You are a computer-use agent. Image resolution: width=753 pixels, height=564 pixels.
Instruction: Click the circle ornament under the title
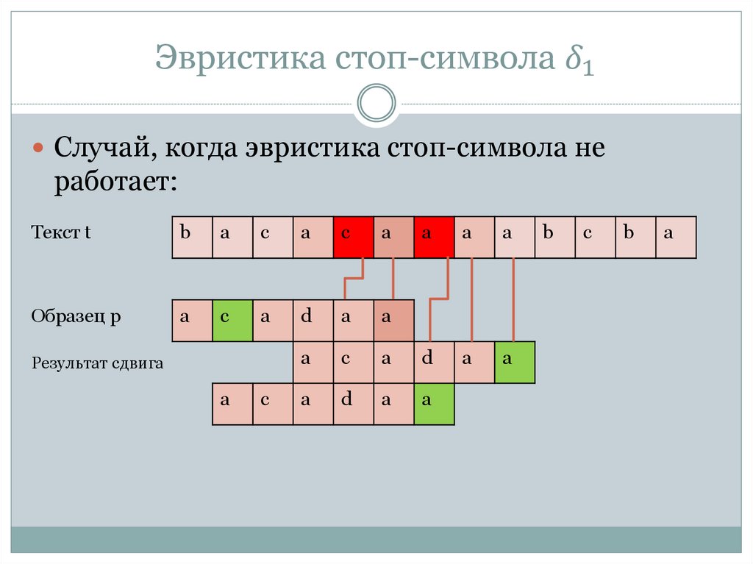click(x=376, y=103)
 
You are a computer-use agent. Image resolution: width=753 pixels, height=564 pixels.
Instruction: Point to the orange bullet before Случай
click(x=39, y=149)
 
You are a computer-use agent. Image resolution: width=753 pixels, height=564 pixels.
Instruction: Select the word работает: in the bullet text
click(x=115, y=182)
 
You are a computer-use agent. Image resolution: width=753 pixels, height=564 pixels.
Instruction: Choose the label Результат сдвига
click(x=97, y=363)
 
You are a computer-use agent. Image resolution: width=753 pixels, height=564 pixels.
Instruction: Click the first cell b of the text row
click(x=192, y=237)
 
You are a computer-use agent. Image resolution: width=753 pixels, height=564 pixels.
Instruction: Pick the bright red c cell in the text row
click(x=353, y=237)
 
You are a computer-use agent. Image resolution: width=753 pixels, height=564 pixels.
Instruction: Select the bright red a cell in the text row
click(x=434, y=237)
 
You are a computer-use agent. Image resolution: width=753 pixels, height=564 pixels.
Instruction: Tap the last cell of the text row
click(x=675, y=237)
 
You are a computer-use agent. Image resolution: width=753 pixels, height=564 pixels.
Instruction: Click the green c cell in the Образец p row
click(x=232, y=321)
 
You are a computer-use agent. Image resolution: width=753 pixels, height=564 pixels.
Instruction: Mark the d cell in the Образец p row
click(x=313, y=321)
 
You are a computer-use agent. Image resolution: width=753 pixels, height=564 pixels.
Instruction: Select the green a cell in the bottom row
click(x=434, y=404)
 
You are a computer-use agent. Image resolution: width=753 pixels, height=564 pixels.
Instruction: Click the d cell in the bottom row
click(x=353, y=404)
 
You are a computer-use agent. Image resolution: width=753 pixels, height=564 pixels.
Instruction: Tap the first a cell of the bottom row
click(x=232, y=404)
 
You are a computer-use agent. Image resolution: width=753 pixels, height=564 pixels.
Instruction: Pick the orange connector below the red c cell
click(x=354, y=279)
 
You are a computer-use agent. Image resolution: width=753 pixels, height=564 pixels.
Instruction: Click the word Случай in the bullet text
click(x=102, y=149)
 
